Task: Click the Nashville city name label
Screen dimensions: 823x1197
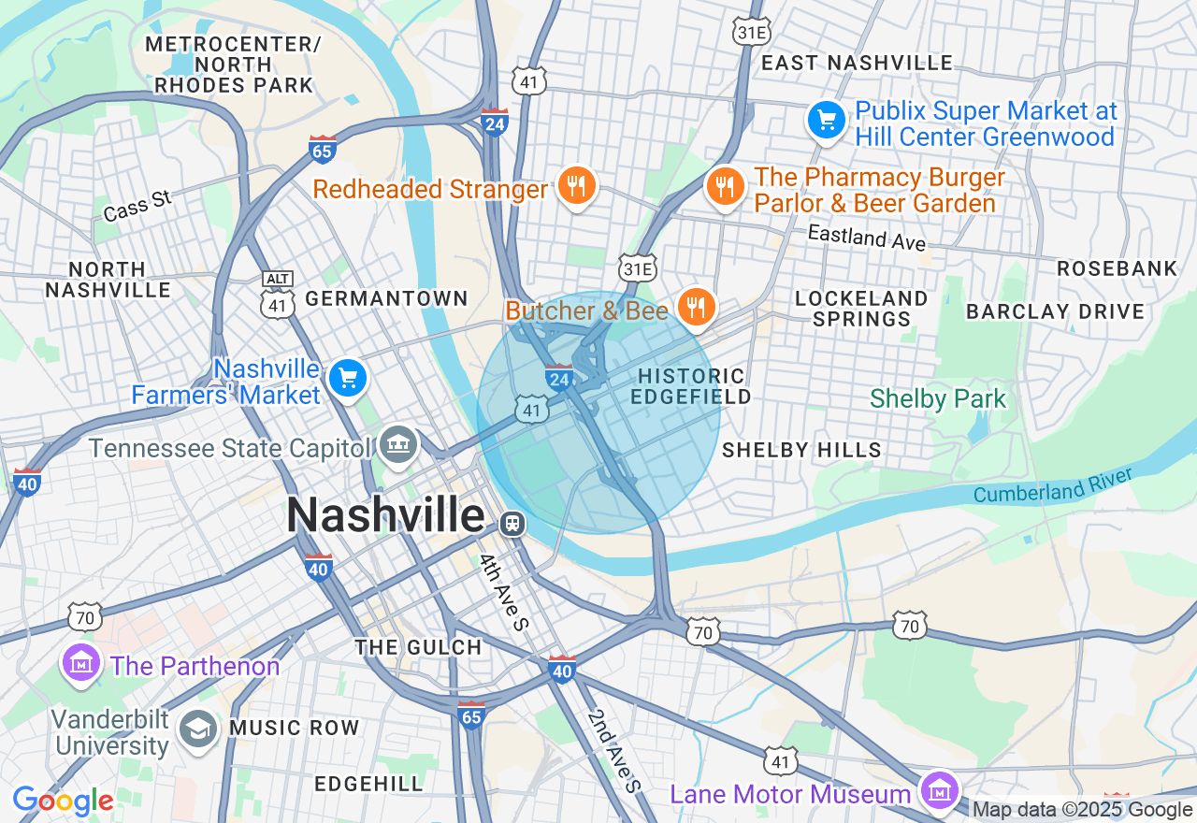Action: click(385, 515)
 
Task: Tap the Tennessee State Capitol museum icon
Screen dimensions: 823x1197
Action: click(399, 443)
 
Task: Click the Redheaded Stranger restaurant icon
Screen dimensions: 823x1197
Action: click(577, 186)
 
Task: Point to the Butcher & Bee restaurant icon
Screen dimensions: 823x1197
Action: click(695, 306)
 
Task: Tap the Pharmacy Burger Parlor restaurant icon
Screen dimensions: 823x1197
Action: click(724, 186)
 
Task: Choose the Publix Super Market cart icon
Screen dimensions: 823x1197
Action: click(827, 121)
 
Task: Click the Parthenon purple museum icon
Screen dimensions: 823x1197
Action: click(81, 663)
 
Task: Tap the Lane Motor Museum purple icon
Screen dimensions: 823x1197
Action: click(938, 791)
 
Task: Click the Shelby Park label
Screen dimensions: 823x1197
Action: click(937, 399)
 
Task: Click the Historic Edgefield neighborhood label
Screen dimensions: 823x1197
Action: click(691, 386)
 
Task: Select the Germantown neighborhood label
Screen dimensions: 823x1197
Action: click(386, 298)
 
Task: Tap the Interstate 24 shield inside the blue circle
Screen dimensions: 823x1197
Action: click(558, 376)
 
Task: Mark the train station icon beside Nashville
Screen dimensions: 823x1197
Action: click(512, 523)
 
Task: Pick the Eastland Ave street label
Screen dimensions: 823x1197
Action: click(866, 238)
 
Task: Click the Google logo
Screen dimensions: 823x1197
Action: click(63, 801)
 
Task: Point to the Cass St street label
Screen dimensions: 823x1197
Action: click(138, 206)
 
